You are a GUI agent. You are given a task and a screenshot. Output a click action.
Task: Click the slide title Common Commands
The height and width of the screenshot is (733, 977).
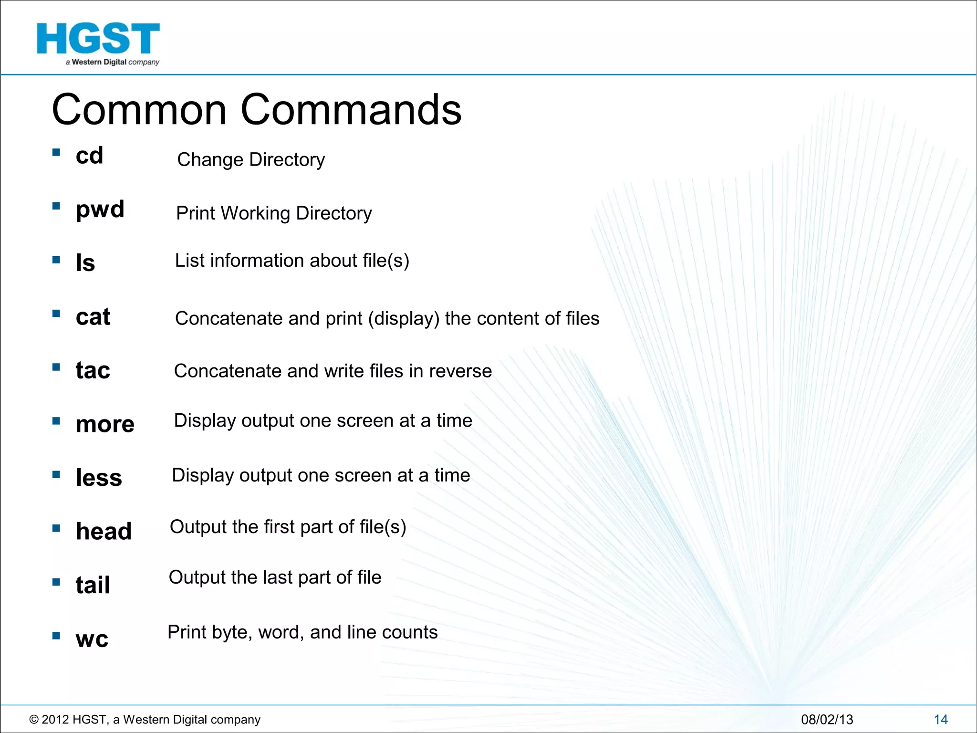click(x=257, y=110)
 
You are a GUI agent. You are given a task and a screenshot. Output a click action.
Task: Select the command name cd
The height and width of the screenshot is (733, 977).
click(x=89, y=156)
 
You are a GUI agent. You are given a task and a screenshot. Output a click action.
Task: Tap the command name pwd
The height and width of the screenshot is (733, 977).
click(x=100, y=209)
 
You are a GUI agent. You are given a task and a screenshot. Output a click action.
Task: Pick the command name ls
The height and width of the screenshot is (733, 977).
click(x=85, y=263)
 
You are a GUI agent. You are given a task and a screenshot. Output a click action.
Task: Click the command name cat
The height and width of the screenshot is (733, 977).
click(x=93, y=317)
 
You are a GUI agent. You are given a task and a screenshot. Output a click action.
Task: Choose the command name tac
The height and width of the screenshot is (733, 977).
click(x=93, y=370)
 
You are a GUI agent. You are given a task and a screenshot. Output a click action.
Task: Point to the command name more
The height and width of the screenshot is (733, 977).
click(x=105, y=424)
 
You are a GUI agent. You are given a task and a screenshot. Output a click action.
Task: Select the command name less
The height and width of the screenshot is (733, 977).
click(x=99, y=478)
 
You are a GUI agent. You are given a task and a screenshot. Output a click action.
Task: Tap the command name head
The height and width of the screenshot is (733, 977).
click(x=104, y=531)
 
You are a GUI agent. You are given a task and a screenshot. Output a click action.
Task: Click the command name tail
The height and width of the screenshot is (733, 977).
click(x=93, y=585)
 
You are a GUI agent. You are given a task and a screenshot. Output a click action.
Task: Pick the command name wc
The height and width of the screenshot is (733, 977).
click(x=92, y=639)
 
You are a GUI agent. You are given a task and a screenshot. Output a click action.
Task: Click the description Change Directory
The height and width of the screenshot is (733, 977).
click(x=251, y=160)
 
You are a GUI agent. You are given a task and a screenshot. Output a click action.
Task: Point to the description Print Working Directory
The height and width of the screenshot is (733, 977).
click(x=274, y=213)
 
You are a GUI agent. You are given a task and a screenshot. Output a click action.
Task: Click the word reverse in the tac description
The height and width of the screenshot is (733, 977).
click(x=460, y=371)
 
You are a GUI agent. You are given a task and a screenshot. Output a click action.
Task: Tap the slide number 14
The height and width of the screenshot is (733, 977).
click(x=940, y=720)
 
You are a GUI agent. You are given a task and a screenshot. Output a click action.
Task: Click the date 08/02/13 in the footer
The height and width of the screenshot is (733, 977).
click(x=827, y=720)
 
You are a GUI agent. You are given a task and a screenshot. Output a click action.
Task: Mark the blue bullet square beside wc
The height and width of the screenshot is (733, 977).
click(x=56, y=636)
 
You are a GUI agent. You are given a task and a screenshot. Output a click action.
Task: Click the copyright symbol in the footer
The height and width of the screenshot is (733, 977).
click(x=34, y=720)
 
